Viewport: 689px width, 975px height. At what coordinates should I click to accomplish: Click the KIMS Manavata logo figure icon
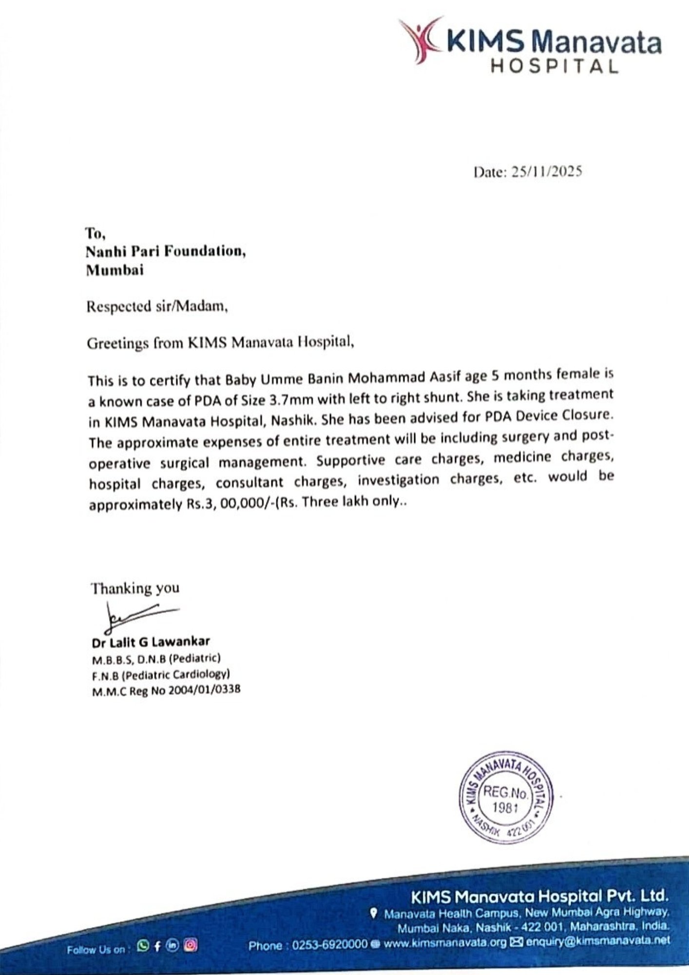pos(420,39)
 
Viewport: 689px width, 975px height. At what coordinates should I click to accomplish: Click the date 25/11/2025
pos(546,172)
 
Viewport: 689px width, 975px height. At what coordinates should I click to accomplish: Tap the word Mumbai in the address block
pos(115,270)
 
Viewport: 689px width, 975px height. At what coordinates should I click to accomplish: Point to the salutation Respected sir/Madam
pos(157,307)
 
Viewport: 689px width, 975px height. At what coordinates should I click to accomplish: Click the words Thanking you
pos(135,588)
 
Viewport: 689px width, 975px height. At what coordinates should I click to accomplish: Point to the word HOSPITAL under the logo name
pos(554,65)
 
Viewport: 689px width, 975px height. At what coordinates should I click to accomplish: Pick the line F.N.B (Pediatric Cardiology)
pos(161,675)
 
